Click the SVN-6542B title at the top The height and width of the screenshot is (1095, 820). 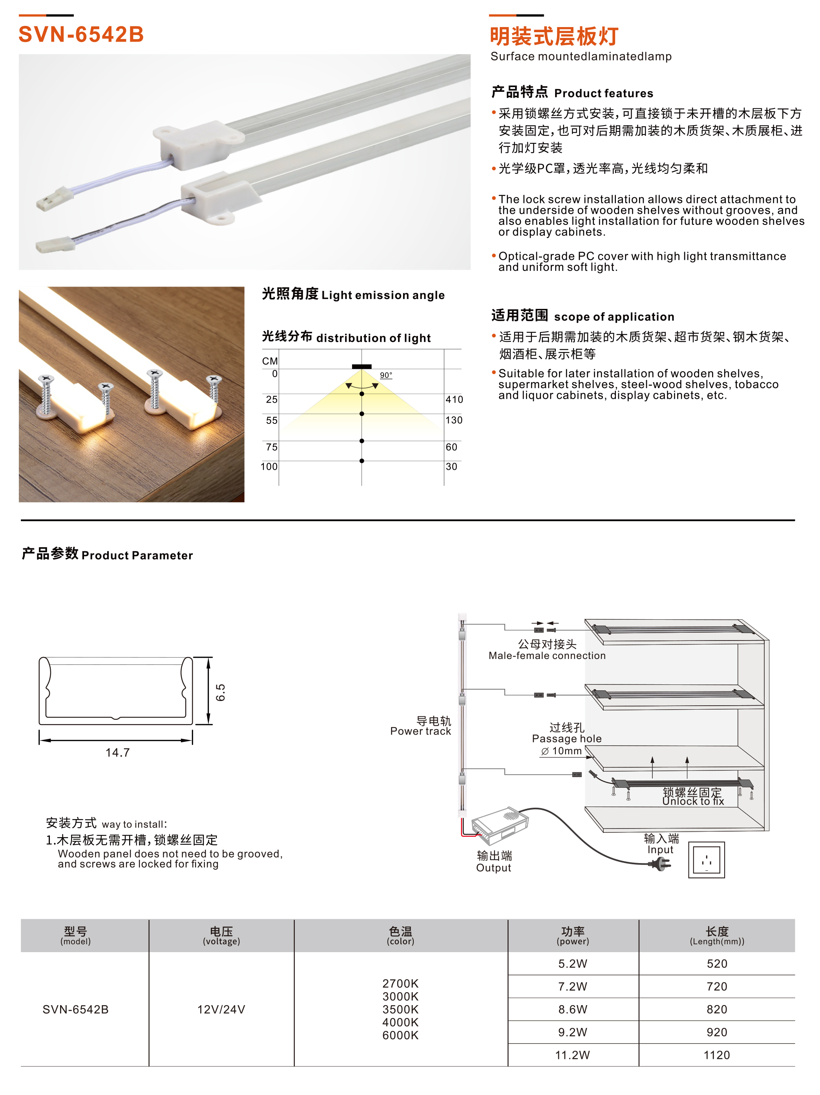(81, 35)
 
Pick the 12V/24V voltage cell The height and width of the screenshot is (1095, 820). (221, 1009)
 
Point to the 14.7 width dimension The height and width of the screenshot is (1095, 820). (117, 752)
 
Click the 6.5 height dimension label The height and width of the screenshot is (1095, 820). (220, 692)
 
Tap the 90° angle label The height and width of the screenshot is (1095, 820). (386, 375)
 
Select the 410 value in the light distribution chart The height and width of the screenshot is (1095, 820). (454, 400)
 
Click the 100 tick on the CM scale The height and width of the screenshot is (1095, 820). (269, 466)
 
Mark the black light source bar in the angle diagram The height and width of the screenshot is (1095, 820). (362, 366)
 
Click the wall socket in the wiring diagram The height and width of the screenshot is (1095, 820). (706, 860)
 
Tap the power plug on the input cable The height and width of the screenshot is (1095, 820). (661, 864)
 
